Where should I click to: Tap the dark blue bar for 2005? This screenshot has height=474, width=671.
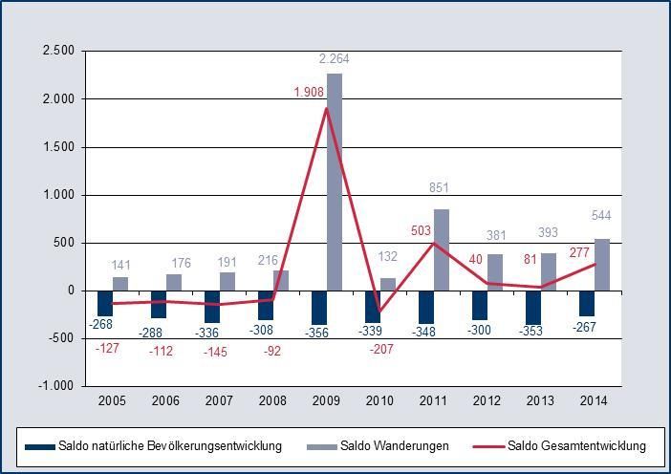click(x=105, y=303)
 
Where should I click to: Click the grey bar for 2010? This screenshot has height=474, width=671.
click(x=388, y=284)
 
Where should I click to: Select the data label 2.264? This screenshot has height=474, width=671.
click(x=335, y=59)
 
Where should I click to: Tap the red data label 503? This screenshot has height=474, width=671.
click(x=421, y=230)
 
